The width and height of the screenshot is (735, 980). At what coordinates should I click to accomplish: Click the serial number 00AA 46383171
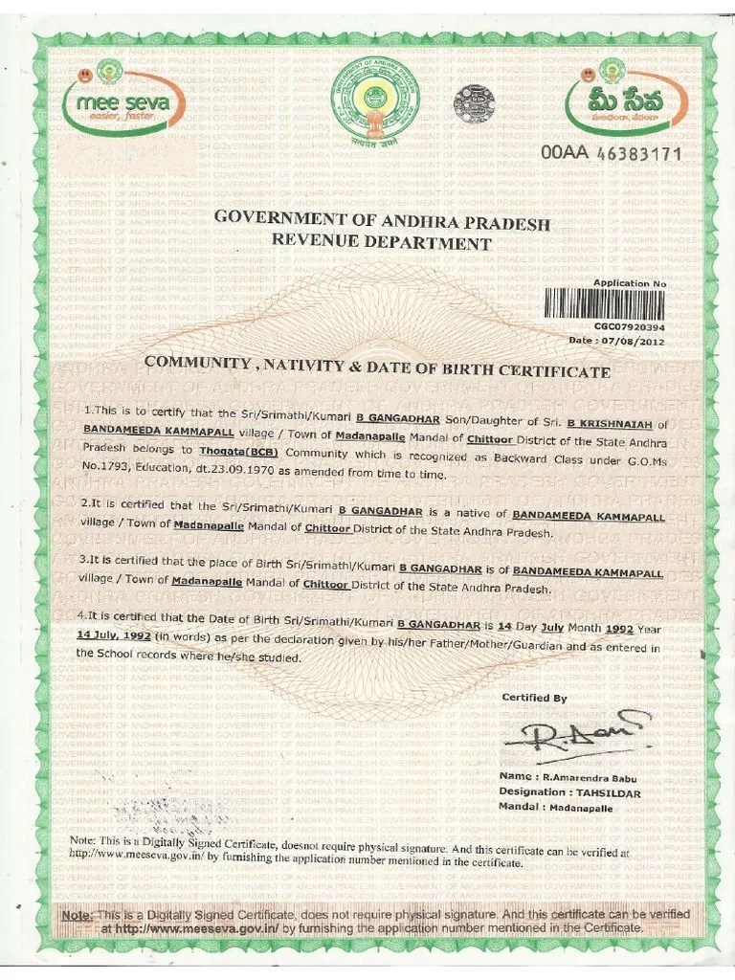pos(610,153)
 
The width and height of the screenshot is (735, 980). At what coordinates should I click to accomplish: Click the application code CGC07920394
pos(629,326)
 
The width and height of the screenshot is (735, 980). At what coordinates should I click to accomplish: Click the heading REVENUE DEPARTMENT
pos(381,243)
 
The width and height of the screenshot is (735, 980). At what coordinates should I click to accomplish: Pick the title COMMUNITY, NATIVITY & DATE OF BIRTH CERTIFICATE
pos(376,369)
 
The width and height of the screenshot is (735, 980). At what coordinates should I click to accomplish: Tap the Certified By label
pos(534,698)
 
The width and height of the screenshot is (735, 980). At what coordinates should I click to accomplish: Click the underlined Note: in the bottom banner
pos(78,915)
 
